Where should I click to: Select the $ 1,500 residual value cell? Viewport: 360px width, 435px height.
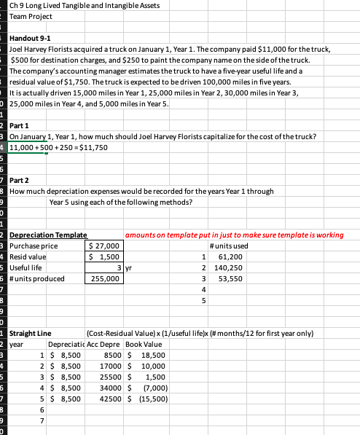(x=104, y=257)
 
